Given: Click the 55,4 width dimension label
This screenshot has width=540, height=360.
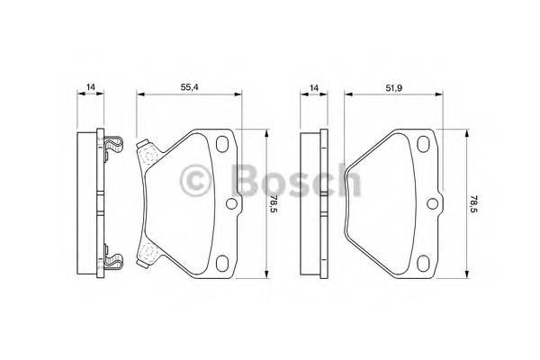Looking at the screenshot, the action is click(x=189, y=87).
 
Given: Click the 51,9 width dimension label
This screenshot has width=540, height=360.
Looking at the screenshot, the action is click(x=394, y=88).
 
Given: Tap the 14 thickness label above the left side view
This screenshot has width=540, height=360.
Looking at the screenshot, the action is click(x=90, y=87).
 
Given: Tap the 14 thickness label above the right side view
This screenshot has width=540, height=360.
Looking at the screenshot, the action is click(x=314, y=88).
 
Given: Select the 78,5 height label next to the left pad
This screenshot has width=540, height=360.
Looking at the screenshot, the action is click(x=273, y=203).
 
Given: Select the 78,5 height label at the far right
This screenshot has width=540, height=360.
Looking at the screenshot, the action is click(x=473, y=203).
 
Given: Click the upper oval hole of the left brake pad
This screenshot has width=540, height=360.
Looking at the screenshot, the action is click(x=222, y=144).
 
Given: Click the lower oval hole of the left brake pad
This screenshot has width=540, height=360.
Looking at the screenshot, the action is click(x=222, y=263).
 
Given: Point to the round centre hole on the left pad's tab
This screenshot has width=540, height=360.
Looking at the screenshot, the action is click(x=231, y=203).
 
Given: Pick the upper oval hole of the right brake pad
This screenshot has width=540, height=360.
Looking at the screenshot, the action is click(x=423, y=144).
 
